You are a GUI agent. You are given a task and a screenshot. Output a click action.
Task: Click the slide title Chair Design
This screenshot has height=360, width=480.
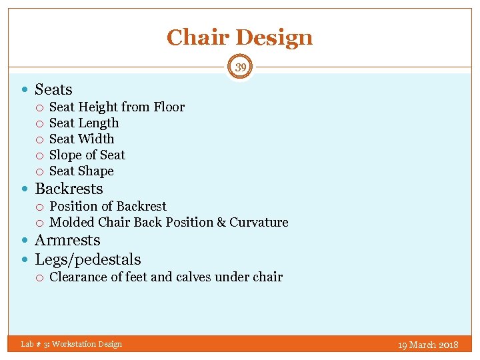239,37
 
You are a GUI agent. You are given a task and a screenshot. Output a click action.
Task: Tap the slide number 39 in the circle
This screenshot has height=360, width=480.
240,67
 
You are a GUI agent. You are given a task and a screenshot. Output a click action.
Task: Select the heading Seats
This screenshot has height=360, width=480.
53,89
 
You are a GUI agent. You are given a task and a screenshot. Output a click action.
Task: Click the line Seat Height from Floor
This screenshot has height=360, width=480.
117,107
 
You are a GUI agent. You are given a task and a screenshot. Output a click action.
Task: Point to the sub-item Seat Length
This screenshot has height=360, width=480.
84,123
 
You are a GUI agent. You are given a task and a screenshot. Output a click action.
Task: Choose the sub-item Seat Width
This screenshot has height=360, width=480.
81,139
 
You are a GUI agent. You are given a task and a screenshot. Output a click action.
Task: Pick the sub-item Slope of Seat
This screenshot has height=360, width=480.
87,155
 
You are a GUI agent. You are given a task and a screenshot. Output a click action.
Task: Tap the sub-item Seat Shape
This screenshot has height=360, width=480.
81,171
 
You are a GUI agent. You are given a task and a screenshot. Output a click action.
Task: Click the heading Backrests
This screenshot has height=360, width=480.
69,189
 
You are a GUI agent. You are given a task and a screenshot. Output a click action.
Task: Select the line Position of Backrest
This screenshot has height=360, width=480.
108,206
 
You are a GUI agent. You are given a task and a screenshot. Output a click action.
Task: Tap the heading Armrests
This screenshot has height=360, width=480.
67,240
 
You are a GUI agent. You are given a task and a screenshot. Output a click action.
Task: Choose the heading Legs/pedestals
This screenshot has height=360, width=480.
87,259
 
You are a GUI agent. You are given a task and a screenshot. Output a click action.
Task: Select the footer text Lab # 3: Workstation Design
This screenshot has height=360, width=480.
71,344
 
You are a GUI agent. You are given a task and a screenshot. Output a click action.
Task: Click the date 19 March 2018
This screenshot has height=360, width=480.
428,345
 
